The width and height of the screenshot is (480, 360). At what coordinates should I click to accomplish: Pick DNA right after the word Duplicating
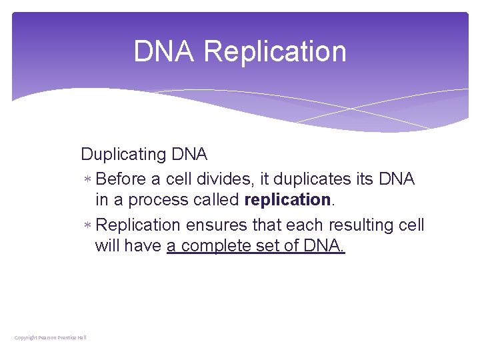click(x=189, y=155)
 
